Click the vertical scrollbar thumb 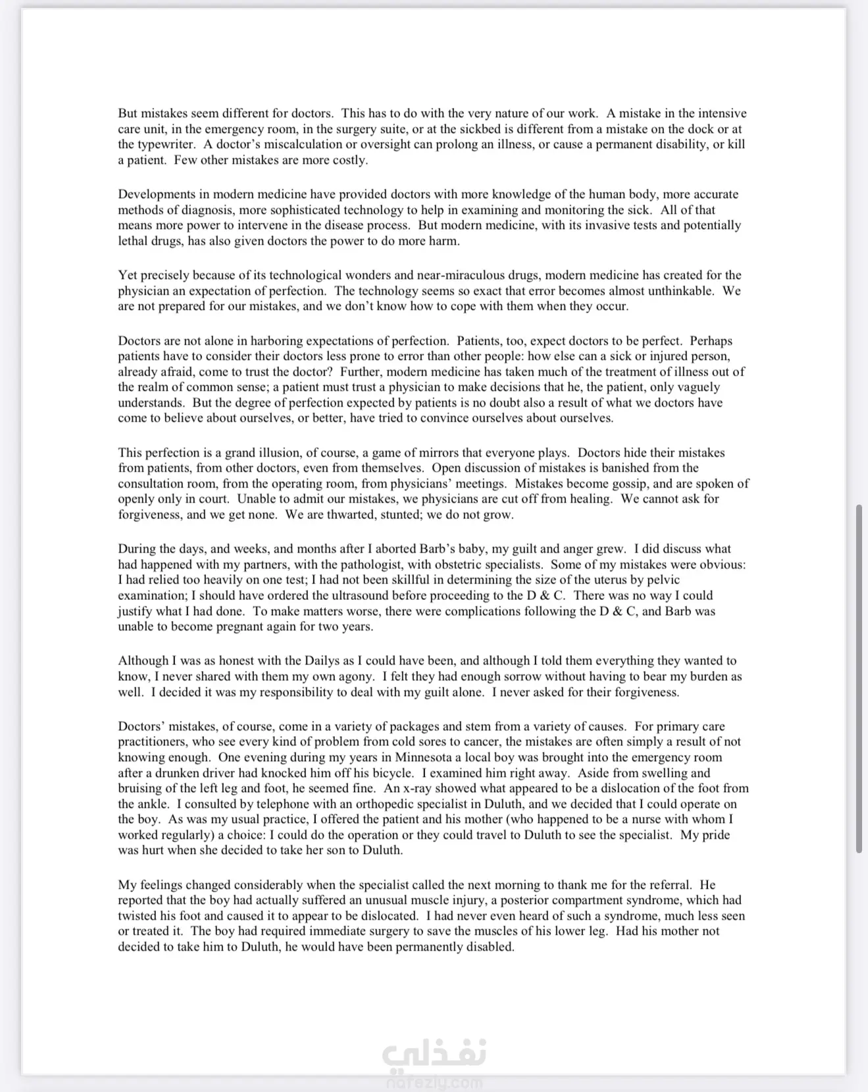click(x=859, y=678)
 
